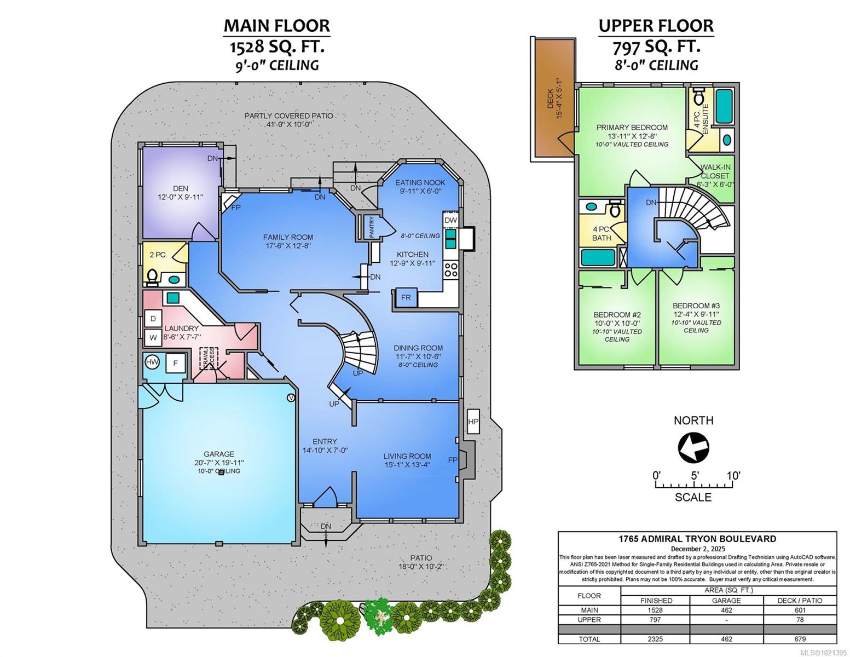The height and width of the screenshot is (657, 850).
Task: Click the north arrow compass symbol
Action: [x=693, y=447]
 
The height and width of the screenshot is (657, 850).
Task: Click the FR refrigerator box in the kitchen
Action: [x=406, y=297]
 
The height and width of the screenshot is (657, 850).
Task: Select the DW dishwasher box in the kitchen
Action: [x=450, y=220]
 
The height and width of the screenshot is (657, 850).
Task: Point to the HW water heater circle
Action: [x=152, y=362]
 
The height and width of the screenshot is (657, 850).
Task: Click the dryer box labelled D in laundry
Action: [x=153, y=319]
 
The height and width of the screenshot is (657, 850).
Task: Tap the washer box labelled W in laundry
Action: [x=153, y=337]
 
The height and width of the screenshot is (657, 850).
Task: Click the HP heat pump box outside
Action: [x=473, y=422]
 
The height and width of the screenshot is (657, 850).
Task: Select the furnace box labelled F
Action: [x=176, y=363]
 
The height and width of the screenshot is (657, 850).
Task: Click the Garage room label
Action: [x=219, y=454]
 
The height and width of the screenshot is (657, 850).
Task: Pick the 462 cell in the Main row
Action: [x=726, y=610]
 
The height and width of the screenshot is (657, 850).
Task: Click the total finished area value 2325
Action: [x=655, y=639]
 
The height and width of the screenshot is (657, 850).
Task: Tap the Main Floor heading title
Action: [x=276, y=26]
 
